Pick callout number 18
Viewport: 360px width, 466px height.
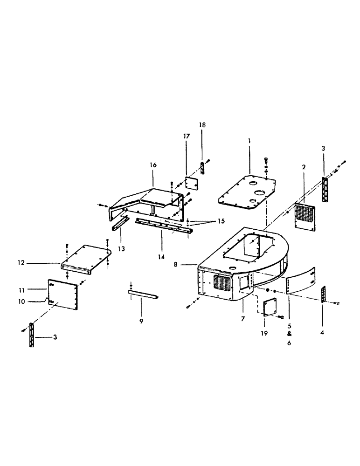(x=202, y=125)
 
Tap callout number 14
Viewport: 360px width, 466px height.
(x=161, y=243)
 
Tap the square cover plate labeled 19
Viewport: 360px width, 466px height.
(x=269, y=308)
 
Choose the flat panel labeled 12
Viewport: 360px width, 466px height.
(x=86, y=255)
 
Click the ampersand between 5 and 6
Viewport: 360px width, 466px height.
(x=288, y=334)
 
